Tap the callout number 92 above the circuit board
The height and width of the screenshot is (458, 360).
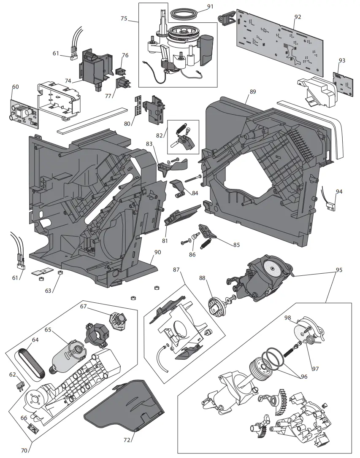[x=298, y=17]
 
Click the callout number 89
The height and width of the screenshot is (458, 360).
[x=253, y=92]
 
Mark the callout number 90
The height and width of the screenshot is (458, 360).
[x=157, y=252]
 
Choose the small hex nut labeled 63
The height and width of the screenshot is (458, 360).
[x=60, y=273]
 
